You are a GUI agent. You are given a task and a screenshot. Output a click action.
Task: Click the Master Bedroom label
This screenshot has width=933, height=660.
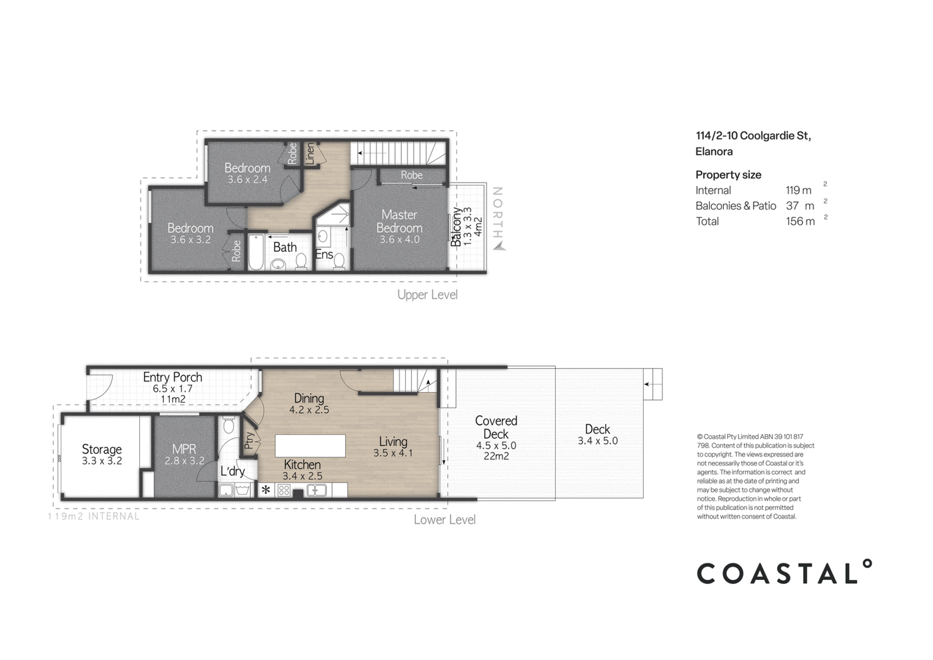tap(399, 221)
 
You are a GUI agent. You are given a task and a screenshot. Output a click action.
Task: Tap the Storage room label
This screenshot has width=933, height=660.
tap(101, 449)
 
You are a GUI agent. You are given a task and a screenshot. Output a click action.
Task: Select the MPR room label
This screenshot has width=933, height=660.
tap(184, 449)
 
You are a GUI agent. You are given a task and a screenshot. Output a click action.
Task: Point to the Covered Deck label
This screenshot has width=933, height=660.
tap(496, 427)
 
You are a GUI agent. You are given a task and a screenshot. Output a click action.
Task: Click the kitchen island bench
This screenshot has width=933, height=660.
tap(311, 446)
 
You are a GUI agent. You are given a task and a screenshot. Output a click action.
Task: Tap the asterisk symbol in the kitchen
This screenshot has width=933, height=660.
tap(265, 490)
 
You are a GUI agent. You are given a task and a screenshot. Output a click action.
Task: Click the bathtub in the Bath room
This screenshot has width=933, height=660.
tap(256, 253)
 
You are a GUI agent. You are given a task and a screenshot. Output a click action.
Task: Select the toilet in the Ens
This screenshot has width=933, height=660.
tap(339, 263)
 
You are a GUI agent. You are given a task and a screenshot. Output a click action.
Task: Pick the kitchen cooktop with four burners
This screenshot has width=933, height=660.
tap(284, 490)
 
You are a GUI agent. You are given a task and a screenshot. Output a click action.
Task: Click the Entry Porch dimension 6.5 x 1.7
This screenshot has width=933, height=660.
tap(173, 389)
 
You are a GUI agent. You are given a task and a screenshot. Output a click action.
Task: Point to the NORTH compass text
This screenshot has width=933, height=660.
tap(498, 213)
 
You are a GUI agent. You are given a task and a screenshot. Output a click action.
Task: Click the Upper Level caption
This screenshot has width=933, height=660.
tap(427, 295)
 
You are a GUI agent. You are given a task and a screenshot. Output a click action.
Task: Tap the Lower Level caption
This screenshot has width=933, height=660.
tap(445, 519)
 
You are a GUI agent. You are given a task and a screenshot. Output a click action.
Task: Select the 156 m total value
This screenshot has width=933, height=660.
tap(800, 221)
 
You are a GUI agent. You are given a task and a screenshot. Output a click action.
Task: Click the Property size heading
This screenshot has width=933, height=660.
tap(728, 175)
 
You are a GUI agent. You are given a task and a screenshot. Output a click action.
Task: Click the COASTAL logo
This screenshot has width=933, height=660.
tap(784, 572)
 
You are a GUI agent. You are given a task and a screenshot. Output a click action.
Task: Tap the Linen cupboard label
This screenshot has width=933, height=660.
tap(310, 154)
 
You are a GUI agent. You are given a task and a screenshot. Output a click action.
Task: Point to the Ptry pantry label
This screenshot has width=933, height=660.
tap(249, 440)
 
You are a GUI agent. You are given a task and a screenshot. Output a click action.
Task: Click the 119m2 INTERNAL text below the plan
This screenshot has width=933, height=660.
tap(94, 516)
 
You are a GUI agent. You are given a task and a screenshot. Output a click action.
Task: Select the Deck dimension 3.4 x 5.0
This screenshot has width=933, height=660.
tap(598, 441)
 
